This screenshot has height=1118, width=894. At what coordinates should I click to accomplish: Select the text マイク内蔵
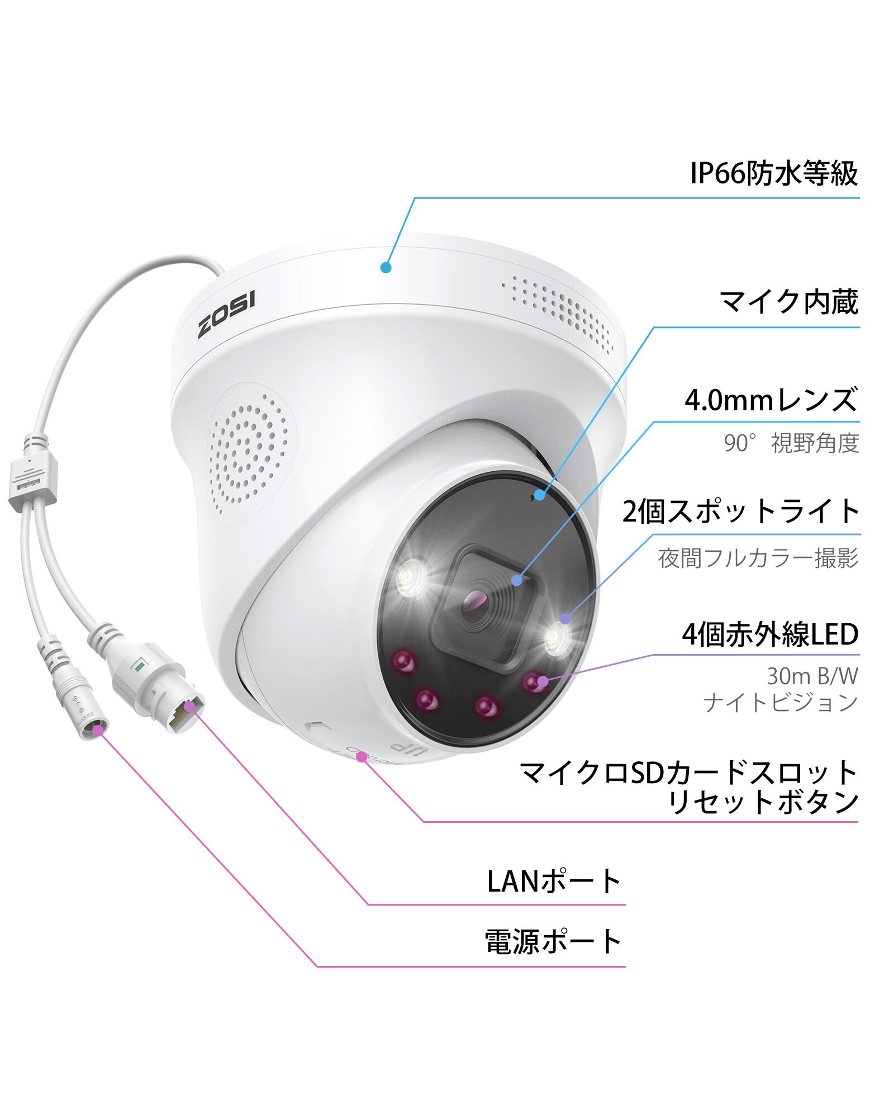tap(788, 302)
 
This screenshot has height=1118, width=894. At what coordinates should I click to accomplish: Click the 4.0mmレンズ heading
tap(771, 400)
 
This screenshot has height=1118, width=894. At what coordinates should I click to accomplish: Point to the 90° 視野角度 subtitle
tap(791, 443)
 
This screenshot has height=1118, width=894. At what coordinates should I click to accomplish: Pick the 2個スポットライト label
tap(741, 511)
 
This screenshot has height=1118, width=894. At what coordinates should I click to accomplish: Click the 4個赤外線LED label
tap(770, 634)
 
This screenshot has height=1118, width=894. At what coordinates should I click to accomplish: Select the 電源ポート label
tap(553, 941)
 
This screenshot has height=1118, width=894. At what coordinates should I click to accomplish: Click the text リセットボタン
tap(763, 802)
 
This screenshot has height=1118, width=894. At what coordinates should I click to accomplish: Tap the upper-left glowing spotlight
tap(411, 575)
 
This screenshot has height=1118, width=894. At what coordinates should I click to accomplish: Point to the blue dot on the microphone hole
tap(539, 494)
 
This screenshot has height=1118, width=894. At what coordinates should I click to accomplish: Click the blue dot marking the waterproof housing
tap(386, 267)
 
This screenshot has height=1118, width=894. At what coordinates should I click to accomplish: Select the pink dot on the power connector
tap(99, 729)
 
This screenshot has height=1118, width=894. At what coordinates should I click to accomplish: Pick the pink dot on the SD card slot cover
tap(362, 757)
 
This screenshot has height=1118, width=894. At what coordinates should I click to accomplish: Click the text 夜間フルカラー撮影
tap(758, 558)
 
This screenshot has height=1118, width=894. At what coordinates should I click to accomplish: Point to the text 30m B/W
tap(812, 676)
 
